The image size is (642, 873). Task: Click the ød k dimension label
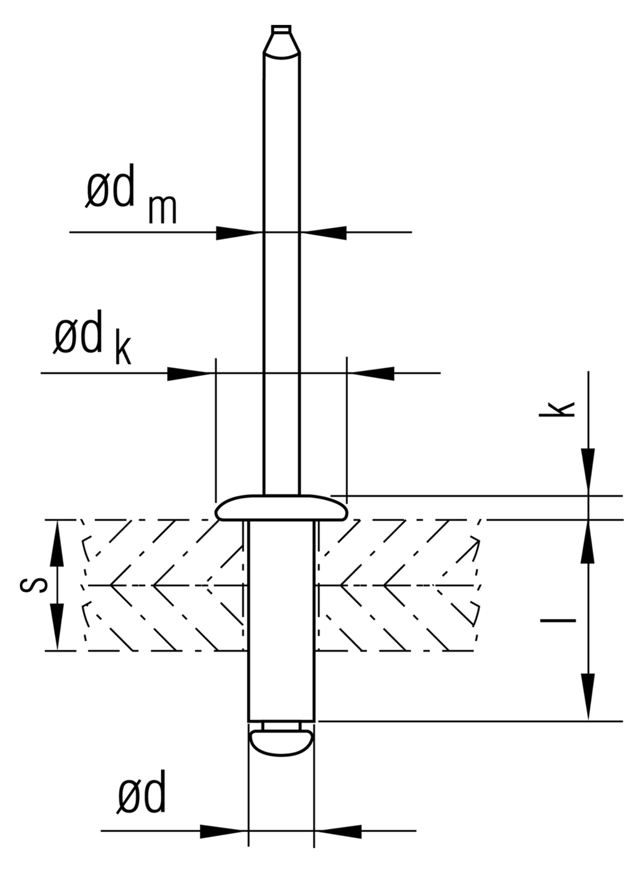point(93,339)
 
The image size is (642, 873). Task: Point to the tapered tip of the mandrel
point(281,42)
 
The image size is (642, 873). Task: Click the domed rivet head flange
point(282,507)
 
